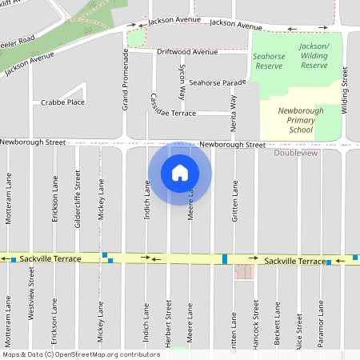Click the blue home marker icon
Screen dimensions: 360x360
pos(180,173)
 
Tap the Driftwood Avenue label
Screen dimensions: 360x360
pos(187,51)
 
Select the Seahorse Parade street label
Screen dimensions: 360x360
pos(217,82)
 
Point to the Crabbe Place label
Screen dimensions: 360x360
pos(63,102)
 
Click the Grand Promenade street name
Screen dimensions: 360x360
pos(126,79)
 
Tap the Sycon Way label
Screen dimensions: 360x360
pos(182,82)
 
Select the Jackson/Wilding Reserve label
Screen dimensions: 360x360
pos(314,55)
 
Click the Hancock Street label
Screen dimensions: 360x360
pos(256,321)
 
